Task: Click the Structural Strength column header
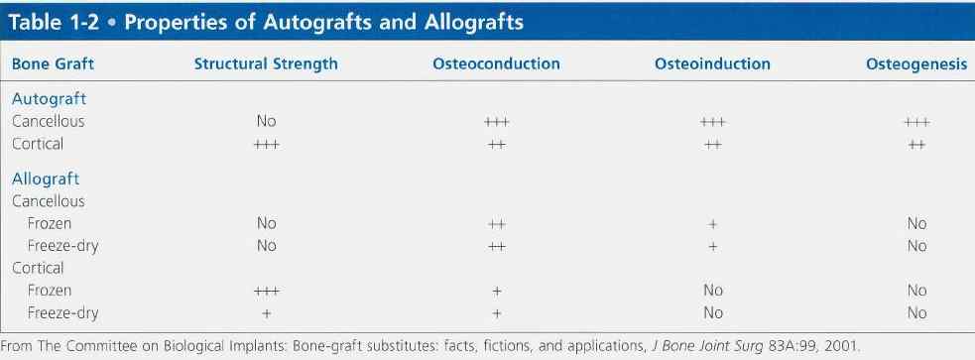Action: (x=266, y=64)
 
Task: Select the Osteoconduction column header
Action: (x=496, y=64)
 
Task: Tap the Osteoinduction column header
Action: (x=712, y=64)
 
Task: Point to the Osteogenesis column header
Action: (x=916, y=64)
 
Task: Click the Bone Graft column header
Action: (x=53, y=64)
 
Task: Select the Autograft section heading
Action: (x=50, y=99)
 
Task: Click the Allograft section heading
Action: (x=46, y=180)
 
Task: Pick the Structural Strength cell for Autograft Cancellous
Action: (x=266, y=121)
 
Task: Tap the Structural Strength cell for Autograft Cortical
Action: (x=266, y=145)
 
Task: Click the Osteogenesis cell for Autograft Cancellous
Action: (x=916, y=123)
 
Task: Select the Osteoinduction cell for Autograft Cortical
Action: (x=712, y=145)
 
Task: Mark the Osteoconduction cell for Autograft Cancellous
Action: (x=496, y=123)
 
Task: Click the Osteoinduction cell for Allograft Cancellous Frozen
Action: (x=712, y=224)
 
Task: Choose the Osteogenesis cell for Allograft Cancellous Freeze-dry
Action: (x=916, y=246)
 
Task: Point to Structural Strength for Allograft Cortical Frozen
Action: (x=266, y=291)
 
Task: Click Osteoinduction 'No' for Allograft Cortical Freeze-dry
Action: (x=712, y=313)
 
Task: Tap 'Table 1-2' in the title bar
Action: (x=53, y=23)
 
